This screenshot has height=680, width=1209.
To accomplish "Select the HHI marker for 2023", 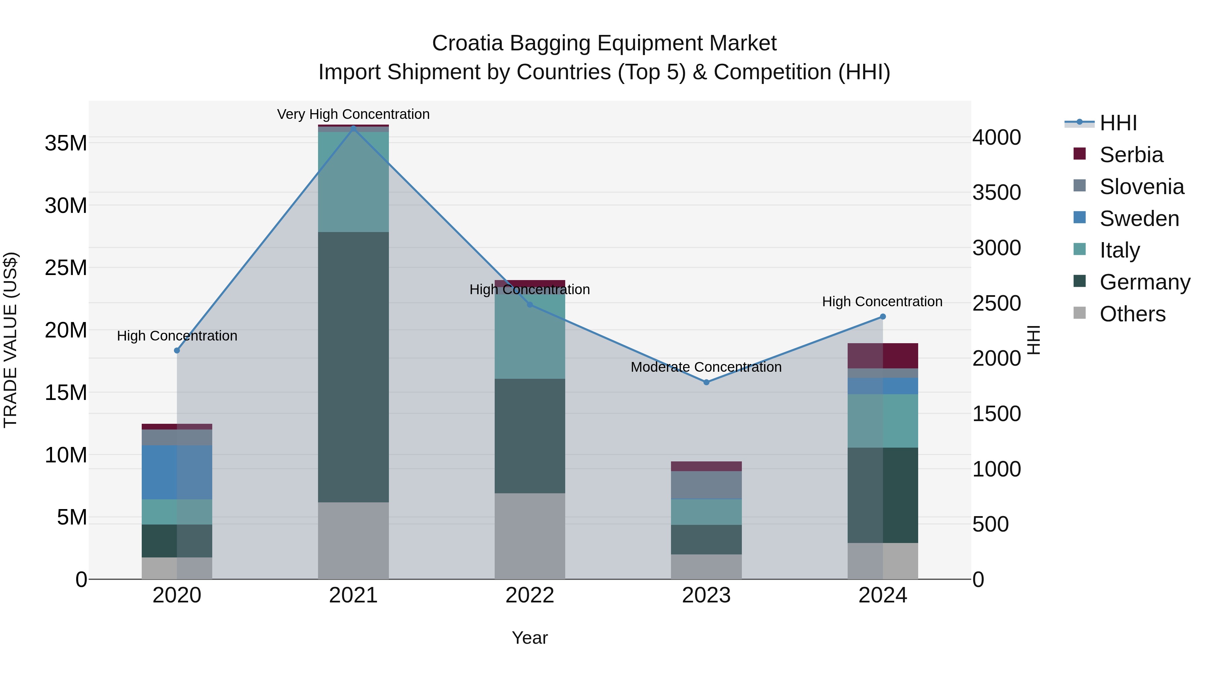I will pyautogui.click(x=706, y=382).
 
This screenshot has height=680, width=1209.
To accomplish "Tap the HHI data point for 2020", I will pyautogui.click(x=177, y=351).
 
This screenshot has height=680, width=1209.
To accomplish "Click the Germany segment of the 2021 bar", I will pyautogui.click(x=353, y=367).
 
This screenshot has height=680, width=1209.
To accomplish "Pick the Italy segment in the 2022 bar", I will pyautogui.click(x=530, y=335).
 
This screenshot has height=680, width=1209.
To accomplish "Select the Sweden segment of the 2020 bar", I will pyautogui.click(x=177, y=472).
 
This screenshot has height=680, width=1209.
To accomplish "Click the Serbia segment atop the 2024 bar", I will pyautogui.click(x=883, y=356).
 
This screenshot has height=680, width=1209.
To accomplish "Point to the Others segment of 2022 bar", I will pyautogui.click(x=530, y=536).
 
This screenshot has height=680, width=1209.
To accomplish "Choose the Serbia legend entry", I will pyautogui.click(x=1131, y=155).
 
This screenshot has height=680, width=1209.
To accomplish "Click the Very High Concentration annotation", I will pyautogui.click(x=353, y=114).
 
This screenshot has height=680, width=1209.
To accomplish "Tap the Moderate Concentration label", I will pyautogui.click(x=706, y=367).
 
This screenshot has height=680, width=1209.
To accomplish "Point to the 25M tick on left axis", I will pyautogui.click(x=66, y=268).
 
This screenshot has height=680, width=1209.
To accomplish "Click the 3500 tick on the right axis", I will pyautogui.click(x=996, y=192).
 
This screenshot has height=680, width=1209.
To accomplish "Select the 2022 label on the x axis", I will pyautogui.click(x=530, y=595).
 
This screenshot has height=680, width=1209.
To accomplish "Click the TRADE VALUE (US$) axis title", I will pyautogui.click(x=10, y=340).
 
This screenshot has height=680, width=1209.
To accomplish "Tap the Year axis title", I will pyautogui.click(x=530, y=638).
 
